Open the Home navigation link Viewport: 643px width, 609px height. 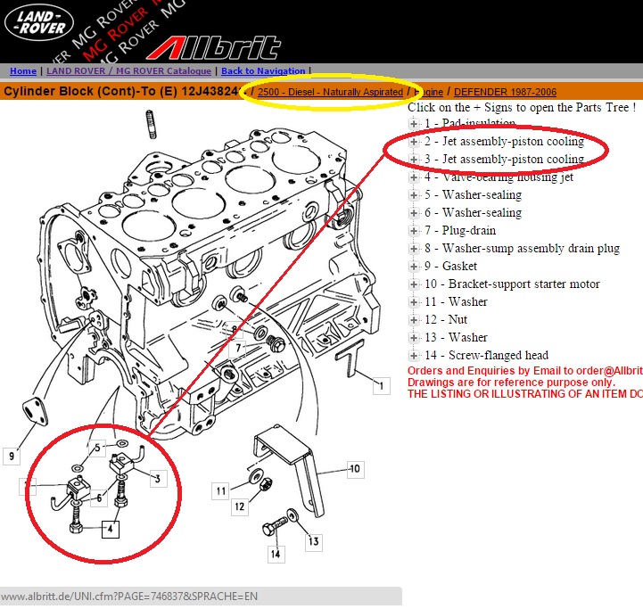[23, 71]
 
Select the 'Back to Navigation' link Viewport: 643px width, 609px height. [262, 71]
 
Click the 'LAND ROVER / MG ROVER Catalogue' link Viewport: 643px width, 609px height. [129, 71]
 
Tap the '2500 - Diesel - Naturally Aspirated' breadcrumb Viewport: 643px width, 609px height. [330, 92]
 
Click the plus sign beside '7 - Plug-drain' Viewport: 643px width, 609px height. [415, 231]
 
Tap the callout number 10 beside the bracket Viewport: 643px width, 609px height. [354, 468]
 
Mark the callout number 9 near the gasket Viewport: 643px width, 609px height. [12, 457]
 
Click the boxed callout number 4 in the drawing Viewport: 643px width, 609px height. [111, 529]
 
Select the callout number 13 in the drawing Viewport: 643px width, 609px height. [314, 540]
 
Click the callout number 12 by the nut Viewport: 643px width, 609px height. [239, 506]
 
